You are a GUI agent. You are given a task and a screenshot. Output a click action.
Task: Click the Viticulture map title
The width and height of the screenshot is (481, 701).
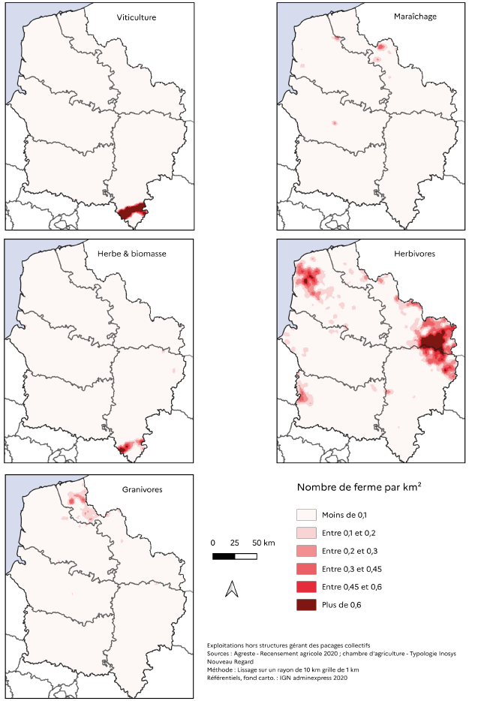137,17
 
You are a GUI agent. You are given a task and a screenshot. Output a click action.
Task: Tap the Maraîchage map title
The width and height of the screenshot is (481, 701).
416,16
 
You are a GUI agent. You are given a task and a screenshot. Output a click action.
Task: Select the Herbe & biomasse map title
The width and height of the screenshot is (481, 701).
132,254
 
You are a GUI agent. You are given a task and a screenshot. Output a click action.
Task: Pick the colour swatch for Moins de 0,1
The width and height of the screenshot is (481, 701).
305,515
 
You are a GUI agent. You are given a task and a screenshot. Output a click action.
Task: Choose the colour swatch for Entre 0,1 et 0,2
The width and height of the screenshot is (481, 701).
305,533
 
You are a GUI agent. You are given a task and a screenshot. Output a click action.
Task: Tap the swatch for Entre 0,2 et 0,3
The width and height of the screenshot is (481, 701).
305,551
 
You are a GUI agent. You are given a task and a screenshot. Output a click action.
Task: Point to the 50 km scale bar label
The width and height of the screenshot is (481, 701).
263,543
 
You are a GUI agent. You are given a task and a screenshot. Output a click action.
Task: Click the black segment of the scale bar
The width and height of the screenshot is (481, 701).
224,556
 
